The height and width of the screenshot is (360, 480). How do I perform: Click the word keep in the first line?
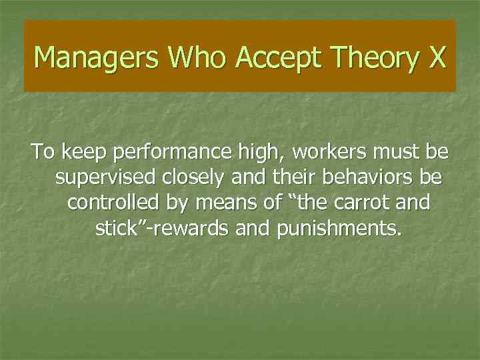coord(85,153)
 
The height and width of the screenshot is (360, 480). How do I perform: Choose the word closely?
coord(189,179)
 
